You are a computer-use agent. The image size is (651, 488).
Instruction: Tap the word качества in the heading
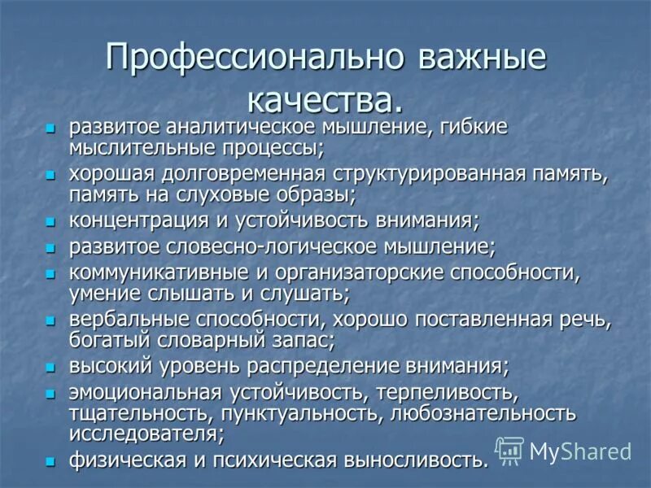tap(323, 102)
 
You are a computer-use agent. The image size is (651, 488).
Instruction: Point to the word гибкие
tap(478, 129)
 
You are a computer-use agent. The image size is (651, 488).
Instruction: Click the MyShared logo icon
tap(509, 450)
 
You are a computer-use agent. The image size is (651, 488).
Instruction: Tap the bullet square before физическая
tap(50, 461)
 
